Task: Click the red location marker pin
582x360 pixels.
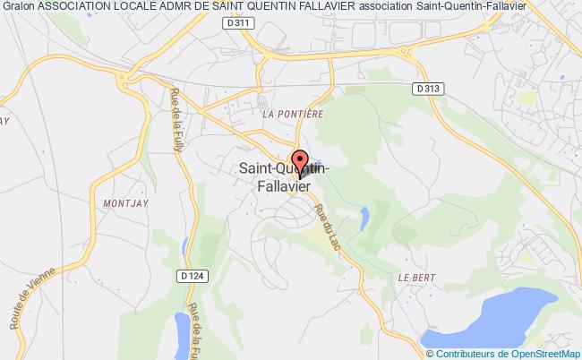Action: (x=299, y=159)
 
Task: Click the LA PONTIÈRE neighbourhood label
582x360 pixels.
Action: (x=291, y=115)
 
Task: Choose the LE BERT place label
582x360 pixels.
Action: (x=416, y=278)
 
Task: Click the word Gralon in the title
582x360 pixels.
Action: (x=19, y=7)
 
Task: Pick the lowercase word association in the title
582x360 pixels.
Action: (x=386, y=7)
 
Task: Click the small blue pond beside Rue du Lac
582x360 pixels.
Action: (x=364, y=216)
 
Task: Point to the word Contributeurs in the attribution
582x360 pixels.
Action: (x=461, y=353)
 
